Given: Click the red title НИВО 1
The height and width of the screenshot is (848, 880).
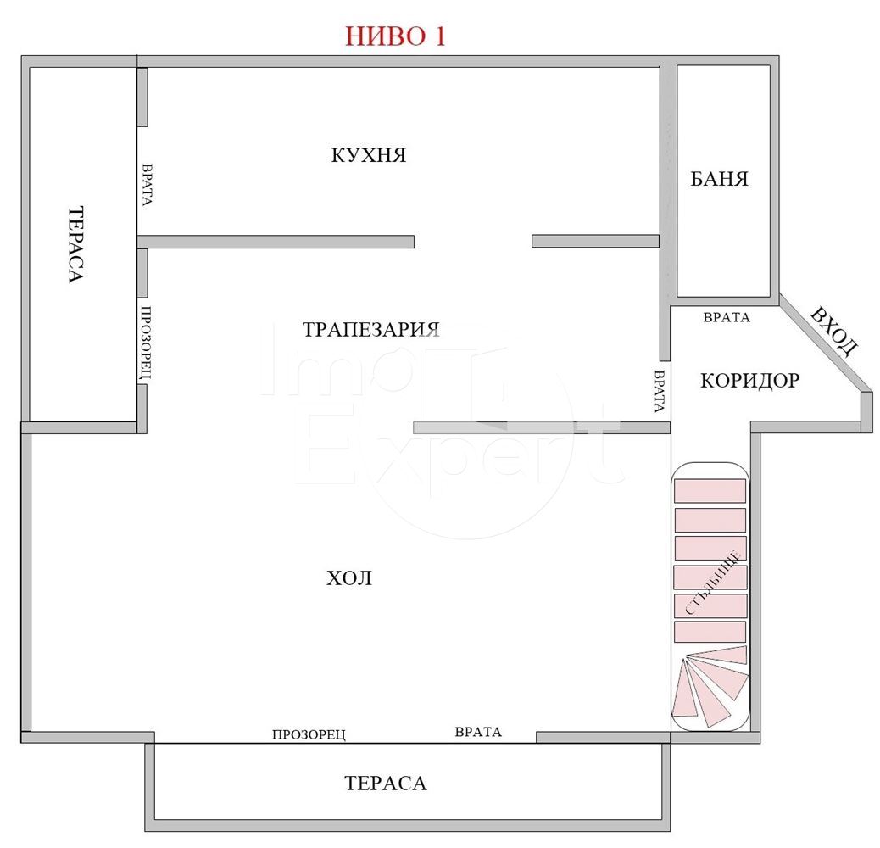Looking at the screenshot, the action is pyautogui.click(x=395, y=36).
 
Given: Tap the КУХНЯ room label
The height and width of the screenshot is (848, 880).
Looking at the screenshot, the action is pyautogui.click(x=368, y=155).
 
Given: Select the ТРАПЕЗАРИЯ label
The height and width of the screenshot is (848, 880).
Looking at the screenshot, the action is pyautogui.click(x=370, y=329).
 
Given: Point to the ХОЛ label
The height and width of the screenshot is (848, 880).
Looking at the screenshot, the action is pyautogui.click(x=349, y=578).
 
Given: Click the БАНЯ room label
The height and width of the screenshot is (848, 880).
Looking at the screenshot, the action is pyautogui.click(x=719, y=179).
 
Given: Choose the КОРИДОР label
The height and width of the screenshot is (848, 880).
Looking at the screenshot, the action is pyautogui.click(x=749, y=381).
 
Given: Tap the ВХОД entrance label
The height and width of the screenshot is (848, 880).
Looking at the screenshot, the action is pyautogui.click(x=835, y=332).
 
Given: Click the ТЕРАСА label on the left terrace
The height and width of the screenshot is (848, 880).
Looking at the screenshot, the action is pyautogui.click(x=75, y=245).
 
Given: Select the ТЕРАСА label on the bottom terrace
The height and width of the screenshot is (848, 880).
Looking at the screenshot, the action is pyautogui.click(x=386, y=784).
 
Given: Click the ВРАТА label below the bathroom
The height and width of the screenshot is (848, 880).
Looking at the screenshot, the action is pyautogui.click(x=727, y=318).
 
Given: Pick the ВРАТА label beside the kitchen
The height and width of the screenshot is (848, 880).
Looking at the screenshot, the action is pyautogui.click(x=147, y=185).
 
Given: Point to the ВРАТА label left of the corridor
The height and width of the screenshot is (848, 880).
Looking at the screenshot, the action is pyautogui.click(x=660, y=391).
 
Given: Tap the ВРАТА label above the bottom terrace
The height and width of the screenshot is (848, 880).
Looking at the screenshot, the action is pyautogui.click(x=478, y=732).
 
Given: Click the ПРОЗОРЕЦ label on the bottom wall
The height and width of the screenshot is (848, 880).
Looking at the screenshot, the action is pyautogui.click(x=309, y=734).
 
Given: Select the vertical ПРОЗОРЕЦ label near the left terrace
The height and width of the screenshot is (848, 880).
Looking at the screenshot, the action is pyautogui.click(x=146, y=343).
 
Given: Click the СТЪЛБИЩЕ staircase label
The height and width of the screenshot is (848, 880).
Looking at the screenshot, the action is pyautogui.click(x=713, y=583).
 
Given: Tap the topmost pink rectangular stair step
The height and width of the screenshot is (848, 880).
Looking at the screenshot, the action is pyautogui.click(x=710, y=491).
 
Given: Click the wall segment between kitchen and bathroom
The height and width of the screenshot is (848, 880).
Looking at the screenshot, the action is pyautogui.click(x=665, y=213).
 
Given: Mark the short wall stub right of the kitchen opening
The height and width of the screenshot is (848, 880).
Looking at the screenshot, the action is pyautogui.click(x=595, y=242).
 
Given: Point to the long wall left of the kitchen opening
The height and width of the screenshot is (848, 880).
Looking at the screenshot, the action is pyautogui.click(x=276, y=242).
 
